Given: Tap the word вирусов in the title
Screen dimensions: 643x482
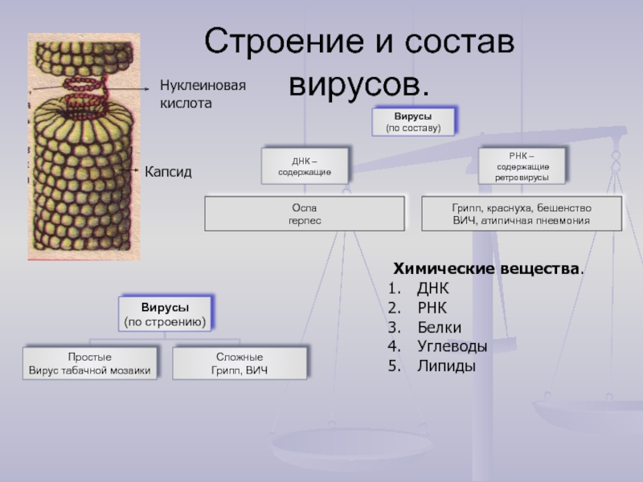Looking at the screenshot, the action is (x=358, y=83).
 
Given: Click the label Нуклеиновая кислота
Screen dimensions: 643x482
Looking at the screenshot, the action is (x=201, y=94).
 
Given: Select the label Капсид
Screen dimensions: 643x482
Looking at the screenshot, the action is (x=168, y=171).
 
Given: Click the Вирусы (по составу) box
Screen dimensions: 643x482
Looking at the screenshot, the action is (x=413, y=121).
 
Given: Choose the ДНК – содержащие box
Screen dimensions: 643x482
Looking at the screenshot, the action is (x=305, y=166).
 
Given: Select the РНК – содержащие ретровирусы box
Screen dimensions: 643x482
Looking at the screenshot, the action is (x=522, y=165).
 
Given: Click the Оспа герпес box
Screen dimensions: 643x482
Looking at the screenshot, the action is (x=305, y=213).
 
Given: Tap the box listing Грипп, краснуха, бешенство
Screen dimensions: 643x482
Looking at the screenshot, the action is (x=522, y=213).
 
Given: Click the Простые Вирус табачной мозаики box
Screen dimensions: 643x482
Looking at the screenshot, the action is (x=89, y=362).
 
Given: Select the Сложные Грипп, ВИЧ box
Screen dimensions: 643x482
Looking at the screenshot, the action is (x=240, y=362).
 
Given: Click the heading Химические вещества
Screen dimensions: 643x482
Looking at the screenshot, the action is (x=487, y=268).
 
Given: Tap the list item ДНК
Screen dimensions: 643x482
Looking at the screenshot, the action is (x=433, y=288).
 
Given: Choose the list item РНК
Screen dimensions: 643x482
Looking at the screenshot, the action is (x=432, y=308).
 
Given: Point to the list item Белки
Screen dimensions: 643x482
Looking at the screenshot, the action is (x=440, y=327).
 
